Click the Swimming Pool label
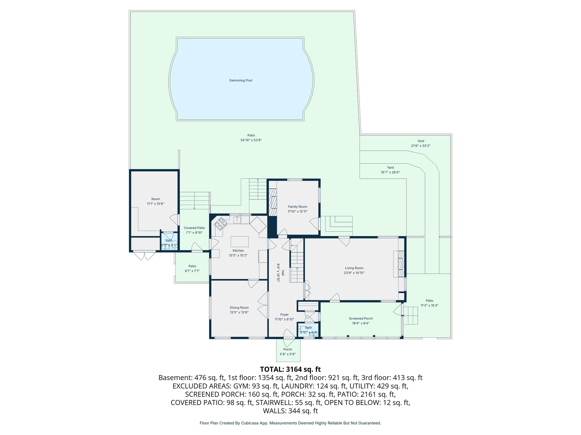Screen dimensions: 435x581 pyautogui.click(x=241, y=80)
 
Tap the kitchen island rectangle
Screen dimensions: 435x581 pyautogui.click(x=239, y=242)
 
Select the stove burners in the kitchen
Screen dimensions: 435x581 pyautogui.click(x=221, y=223)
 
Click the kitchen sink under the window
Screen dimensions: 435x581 pyautogui.click(x=237, y=219)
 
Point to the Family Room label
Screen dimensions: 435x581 pyautogui.click(x=297, y=207)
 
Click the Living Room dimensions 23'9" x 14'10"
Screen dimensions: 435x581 pyautogui.click(x=354, y=273)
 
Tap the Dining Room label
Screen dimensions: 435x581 pyautogui.click(x=239, y=308)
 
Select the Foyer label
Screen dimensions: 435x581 pyautogui.click(x=284, y=315)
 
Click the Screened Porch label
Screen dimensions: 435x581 pyautogui.click(x=361, y=319)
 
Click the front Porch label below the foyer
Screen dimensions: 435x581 pyautogui.click(x=288, y=349)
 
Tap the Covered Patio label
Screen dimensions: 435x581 pyautogui.click(x=194, y=228)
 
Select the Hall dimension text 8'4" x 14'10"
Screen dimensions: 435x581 pyautogui.click(x=278, y=273)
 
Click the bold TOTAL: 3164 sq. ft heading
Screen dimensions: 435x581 pyautogui.click(x=290, y=369)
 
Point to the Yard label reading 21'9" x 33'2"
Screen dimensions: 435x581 pyautogui.click(x=420, y=146)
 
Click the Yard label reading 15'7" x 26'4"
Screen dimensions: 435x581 pyautogui.click(x=390, y=172)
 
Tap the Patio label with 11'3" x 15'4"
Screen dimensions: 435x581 pyautogui.click(x=429, y=306)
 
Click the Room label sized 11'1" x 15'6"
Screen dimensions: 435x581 pyautogui.click(x=155, y=204)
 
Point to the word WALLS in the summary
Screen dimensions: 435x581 pyautogui.click(x=274, y=411)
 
